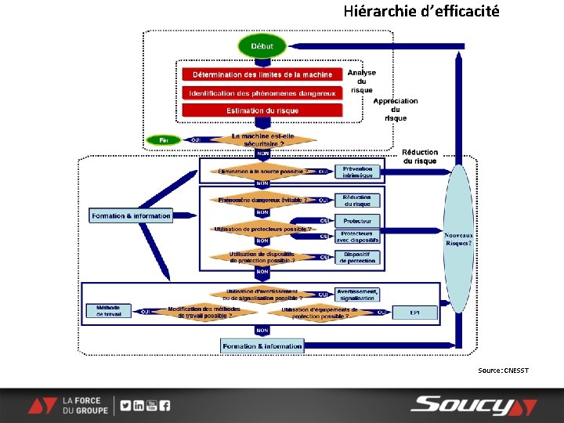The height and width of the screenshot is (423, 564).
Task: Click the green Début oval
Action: [262, 46]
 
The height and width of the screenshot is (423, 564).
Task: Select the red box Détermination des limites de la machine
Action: [262, 74]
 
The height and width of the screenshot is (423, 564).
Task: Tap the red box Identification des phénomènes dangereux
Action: [262, 92]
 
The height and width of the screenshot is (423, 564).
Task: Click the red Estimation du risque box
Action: [262, 110]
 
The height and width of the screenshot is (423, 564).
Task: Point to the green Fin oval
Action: [164, 140]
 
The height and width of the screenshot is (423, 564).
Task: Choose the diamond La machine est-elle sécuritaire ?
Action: [262, 140]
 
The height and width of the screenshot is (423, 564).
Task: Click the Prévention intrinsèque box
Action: [357, 172]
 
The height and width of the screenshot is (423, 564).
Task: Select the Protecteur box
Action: [357, 221]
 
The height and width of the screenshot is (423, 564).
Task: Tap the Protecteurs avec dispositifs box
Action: [357, 236]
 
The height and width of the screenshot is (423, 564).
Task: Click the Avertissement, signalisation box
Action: [357, 295]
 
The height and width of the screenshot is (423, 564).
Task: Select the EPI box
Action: [414, 312]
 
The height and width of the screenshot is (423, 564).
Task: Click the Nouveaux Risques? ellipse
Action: [458, 240]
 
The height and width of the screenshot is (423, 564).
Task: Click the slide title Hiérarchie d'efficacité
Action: [421, 12]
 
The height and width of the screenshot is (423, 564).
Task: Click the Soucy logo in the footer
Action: [474, 405]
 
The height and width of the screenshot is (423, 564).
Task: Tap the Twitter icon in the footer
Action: [126, 406]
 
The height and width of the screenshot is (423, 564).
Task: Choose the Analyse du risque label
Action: [362, 81]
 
